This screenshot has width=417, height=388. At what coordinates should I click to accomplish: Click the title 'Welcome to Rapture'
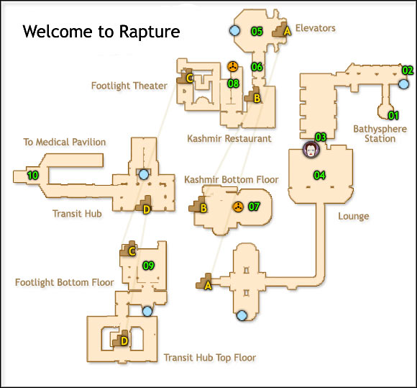click(101, 32)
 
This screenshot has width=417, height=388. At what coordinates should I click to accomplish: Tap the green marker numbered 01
click(393, 115)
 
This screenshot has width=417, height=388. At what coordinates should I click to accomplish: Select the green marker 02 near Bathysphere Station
click(408, 71)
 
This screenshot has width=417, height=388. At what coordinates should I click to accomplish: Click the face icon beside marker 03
click(310, 150)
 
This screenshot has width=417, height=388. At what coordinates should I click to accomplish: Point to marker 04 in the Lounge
click(319, 174)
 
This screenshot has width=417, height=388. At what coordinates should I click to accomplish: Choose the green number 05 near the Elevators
click(257, 31)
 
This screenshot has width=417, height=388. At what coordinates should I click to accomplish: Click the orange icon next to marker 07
click(237, 207)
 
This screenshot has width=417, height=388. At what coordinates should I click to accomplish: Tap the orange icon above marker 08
click(232, 67)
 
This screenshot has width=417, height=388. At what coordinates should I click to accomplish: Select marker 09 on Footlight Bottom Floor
click(149, 266)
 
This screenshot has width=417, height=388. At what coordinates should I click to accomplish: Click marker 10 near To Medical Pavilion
click(32, 175)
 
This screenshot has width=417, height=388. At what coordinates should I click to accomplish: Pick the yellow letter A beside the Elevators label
click(287, 31)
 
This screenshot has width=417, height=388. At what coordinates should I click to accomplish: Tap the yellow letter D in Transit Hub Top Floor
click(123, 340)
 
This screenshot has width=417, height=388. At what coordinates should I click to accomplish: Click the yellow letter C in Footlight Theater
click(190, 78)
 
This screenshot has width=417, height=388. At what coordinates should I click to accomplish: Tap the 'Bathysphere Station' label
click(375, 134)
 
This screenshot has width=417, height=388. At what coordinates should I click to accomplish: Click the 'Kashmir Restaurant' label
click(229, 138)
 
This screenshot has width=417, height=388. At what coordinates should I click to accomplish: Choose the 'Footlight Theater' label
click(129, 86)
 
